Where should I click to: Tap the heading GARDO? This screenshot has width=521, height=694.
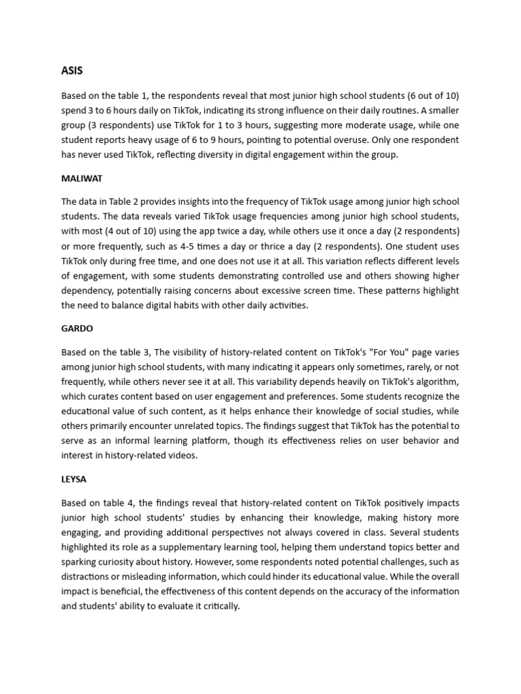77,328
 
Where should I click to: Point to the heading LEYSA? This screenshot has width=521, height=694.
74,478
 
